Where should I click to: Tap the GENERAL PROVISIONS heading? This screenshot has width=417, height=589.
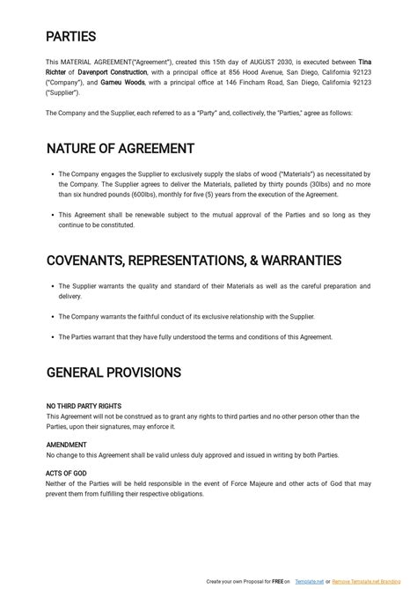(x=113, y=372)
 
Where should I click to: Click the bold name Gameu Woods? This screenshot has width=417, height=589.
(x=124, y=82)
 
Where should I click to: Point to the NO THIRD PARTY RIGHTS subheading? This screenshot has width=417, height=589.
(x=83, y=407)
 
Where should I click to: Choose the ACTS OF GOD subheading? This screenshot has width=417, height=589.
(x=66, y=474)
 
